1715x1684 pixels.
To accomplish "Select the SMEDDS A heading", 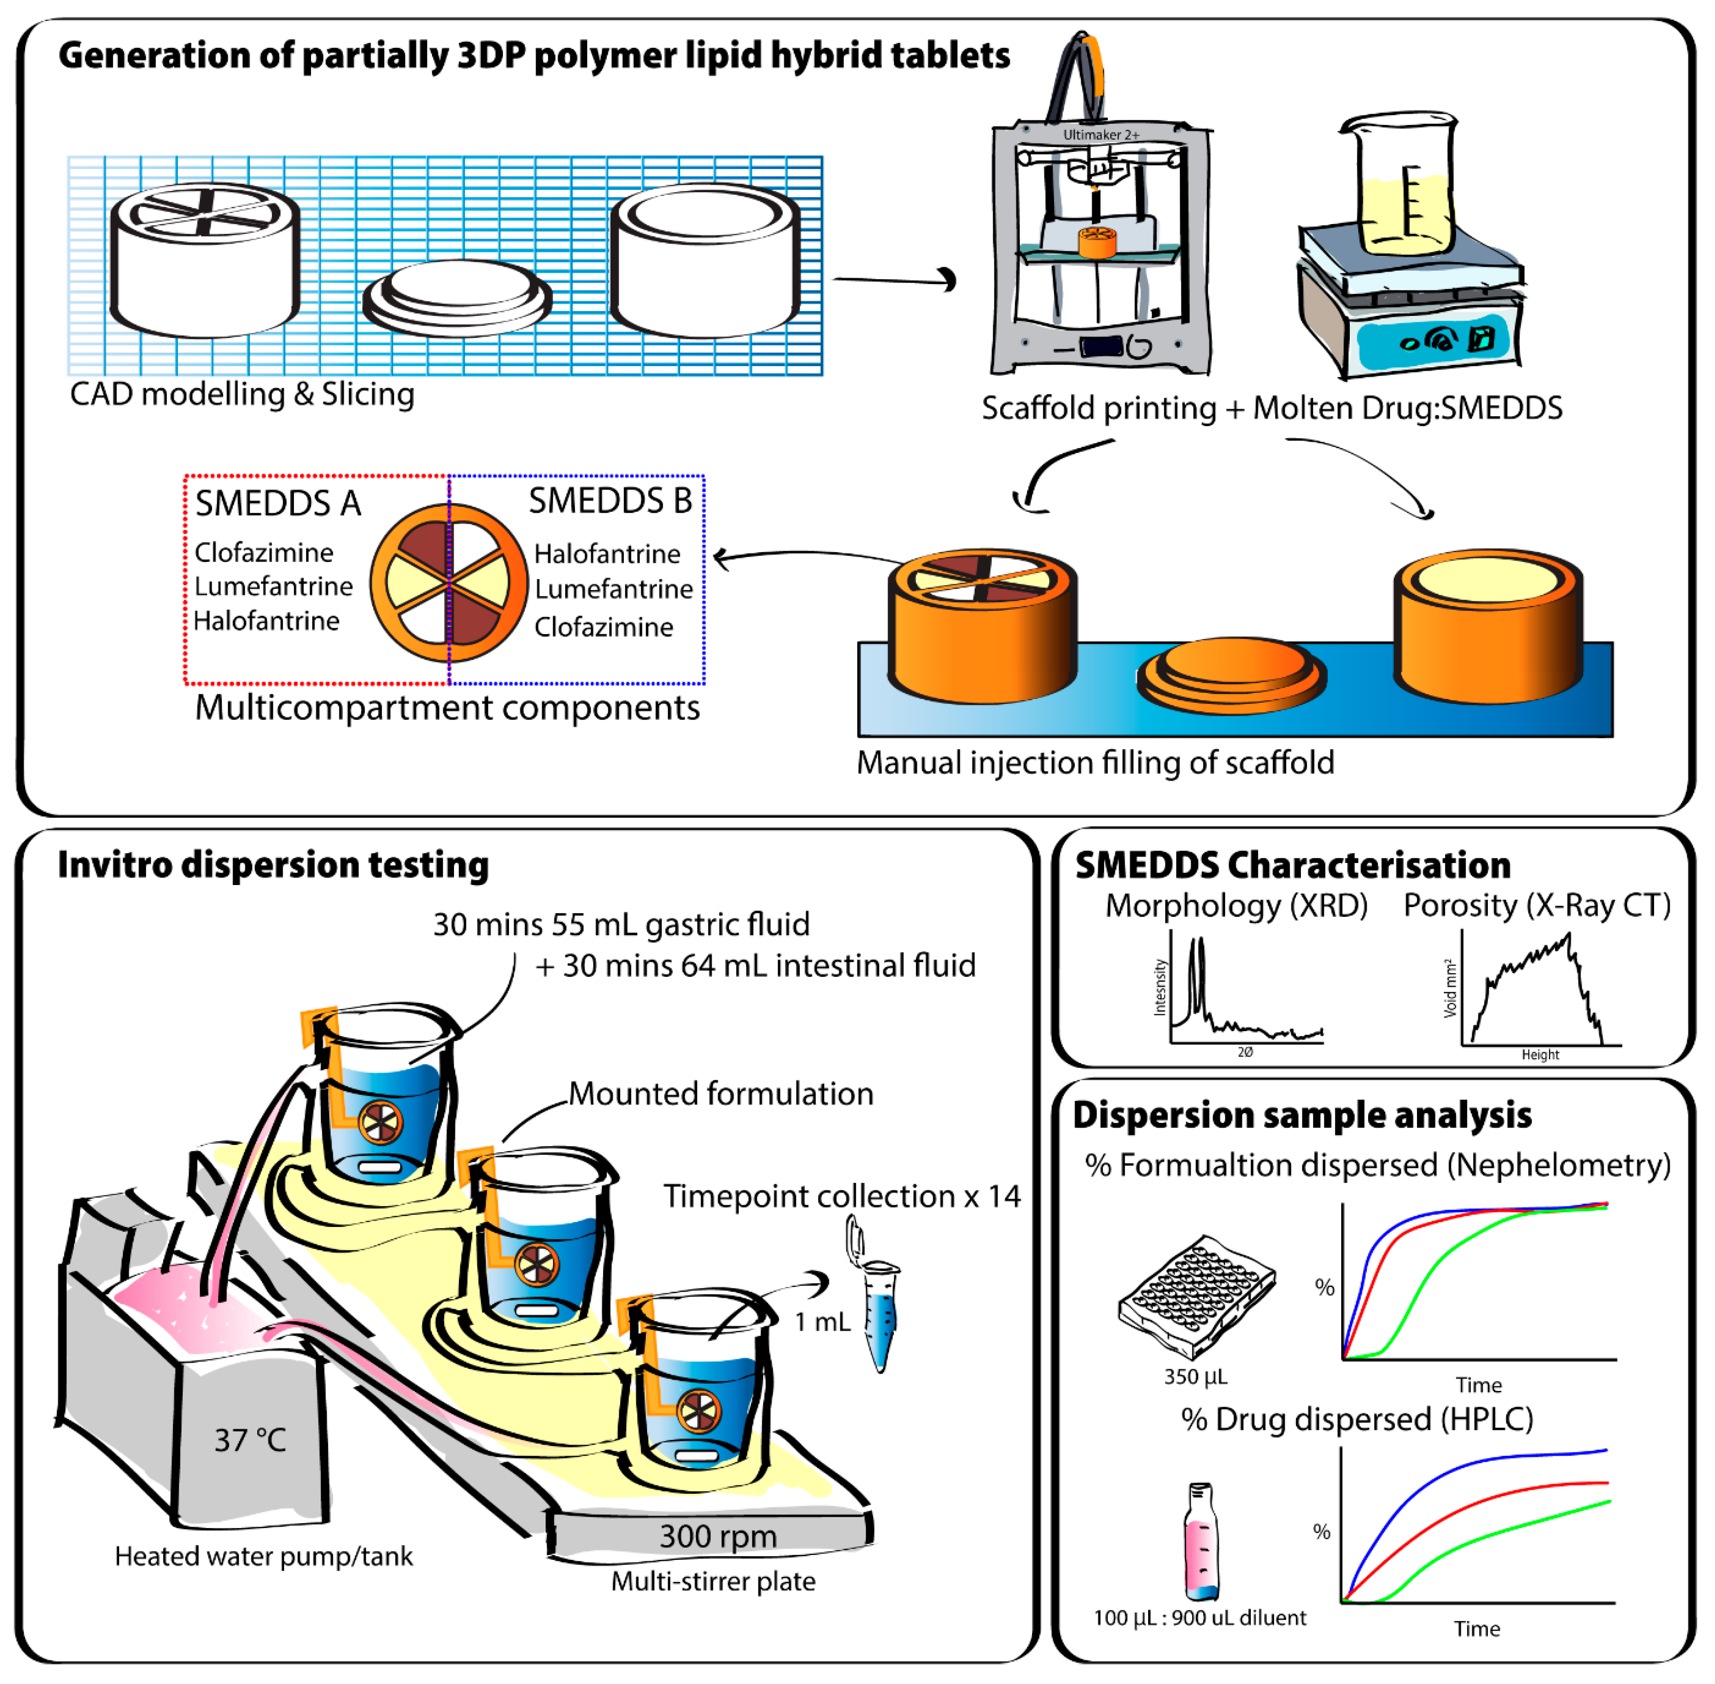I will click(x=278, y=503).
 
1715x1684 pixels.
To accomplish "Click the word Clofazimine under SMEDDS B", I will click(x=603, y=627).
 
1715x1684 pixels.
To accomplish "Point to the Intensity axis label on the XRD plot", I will click(x=1160, y=988).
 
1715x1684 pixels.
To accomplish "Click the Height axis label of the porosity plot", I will click(x=1540, y=1054).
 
